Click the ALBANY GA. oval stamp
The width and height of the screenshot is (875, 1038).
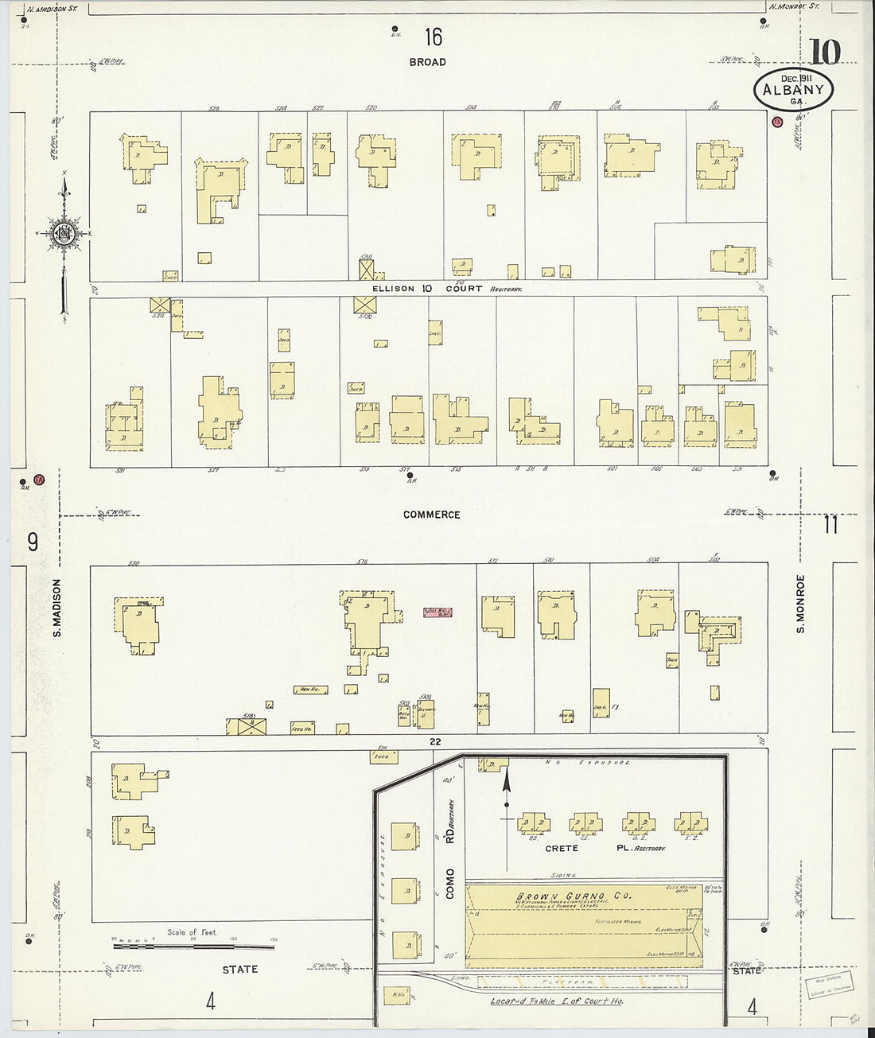tap(793, 90)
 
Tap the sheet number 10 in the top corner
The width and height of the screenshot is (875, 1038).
tap(825, 52)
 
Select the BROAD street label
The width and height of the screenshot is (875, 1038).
tap(428, 62)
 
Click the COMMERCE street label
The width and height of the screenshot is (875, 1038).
tap(431, 515)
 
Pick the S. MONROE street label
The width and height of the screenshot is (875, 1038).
tap(801, 605)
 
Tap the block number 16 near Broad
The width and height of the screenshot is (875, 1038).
tap(433, 37)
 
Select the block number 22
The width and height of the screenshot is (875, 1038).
tap(434, 741)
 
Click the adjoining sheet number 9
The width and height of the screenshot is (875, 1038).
tap(33, 542)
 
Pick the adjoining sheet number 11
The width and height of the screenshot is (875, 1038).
tap(832, 526)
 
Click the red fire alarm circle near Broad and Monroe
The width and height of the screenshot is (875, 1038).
tap(777, 121)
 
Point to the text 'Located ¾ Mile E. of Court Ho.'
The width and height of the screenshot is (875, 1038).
tap(556, 1001)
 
